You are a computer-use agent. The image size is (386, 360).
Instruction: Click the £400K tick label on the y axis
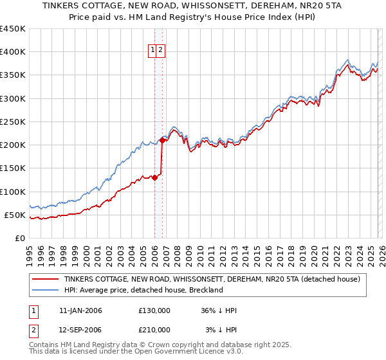pos(12,52)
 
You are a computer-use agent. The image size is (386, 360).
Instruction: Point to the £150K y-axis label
pos(12,168)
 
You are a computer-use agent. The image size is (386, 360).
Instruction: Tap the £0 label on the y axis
pos(20,239)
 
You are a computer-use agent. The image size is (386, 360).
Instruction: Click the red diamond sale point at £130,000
pos(154,177)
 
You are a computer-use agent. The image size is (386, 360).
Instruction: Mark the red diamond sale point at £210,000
pos(162,140)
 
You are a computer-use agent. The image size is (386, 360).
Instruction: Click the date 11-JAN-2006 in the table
pos(80,310)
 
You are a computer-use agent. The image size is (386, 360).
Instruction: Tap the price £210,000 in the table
pos(154,330)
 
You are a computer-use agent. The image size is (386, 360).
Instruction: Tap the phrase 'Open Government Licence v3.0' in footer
pos(187,352)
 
